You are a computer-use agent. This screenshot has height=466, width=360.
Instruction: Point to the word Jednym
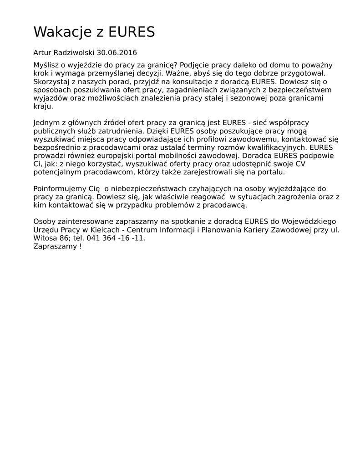coord(46,123)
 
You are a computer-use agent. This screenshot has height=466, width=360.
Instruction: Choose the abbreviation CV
coord(300,164)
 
